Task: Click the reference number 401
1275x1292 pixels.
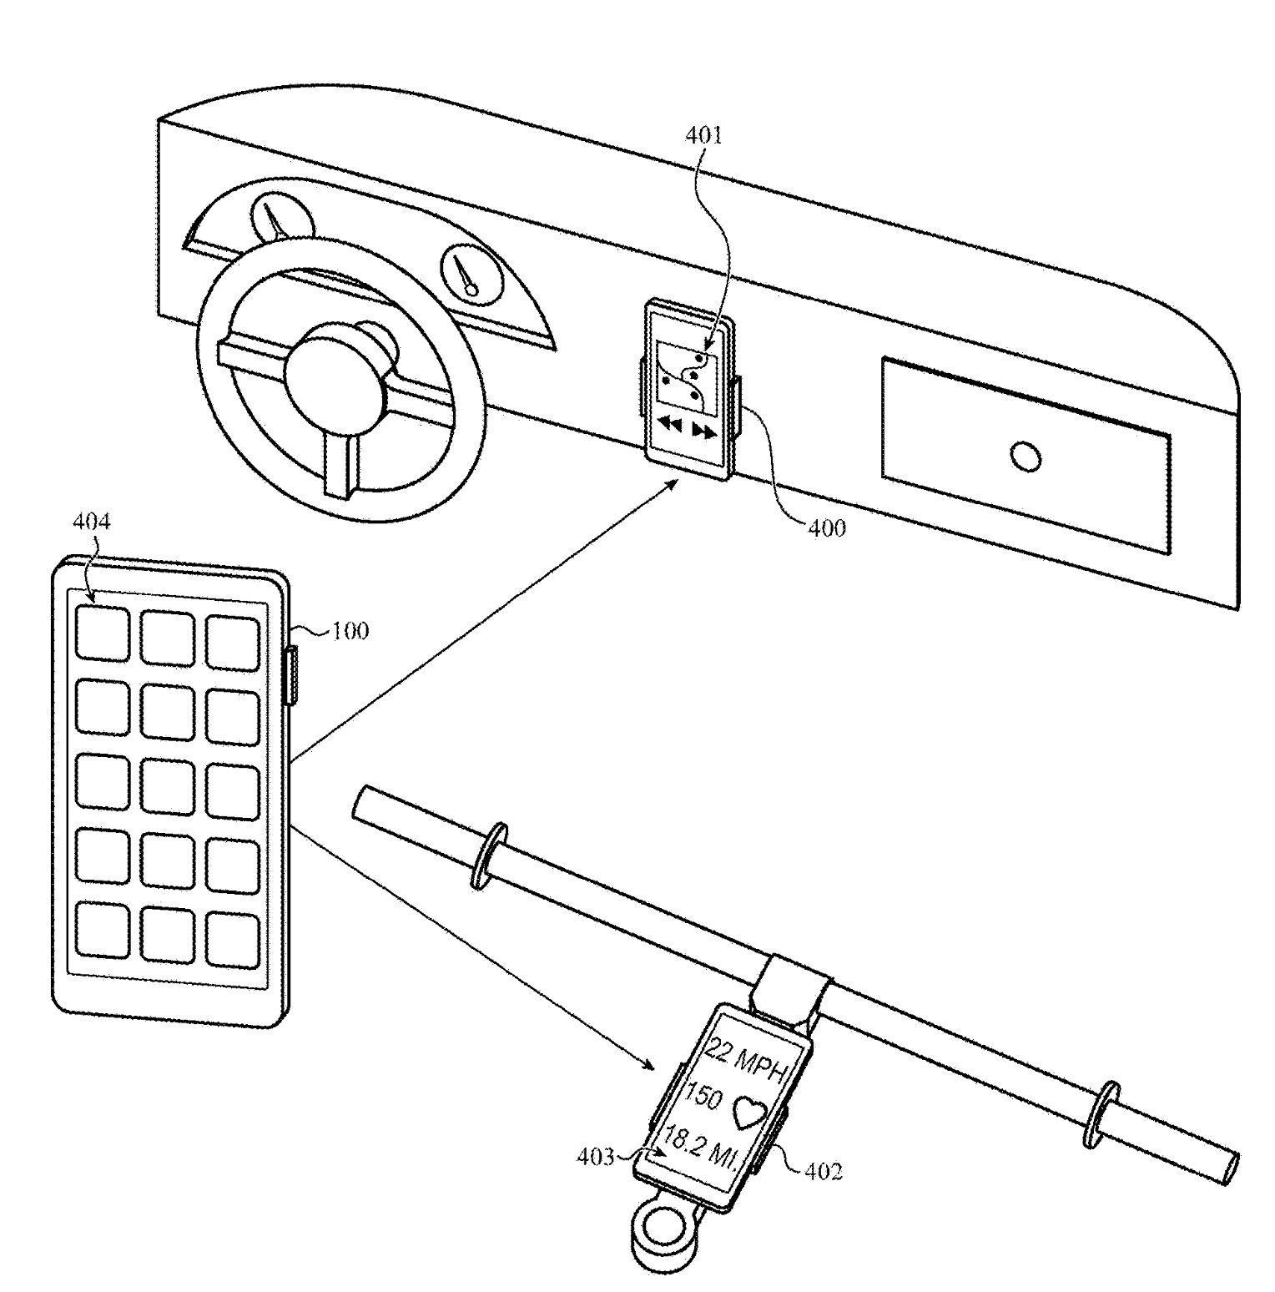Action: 704,135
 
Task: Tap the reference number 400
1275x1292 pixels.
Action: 825,527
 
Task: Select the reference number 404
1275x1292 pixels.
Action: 91,522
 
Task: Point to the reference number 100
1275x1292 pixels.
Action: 350,630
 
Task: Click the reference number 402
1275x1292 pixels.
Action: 823,1171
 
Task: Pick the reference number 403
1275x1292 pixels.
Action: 595,1157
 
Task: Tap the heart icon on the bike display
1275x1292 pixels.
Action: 748,1112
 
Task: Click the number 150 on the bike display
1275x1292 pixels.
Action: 701,1096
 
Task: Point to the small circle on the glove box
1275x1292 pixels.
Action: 1025,456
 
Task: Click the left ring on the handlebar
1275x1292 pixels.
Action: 489,855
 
